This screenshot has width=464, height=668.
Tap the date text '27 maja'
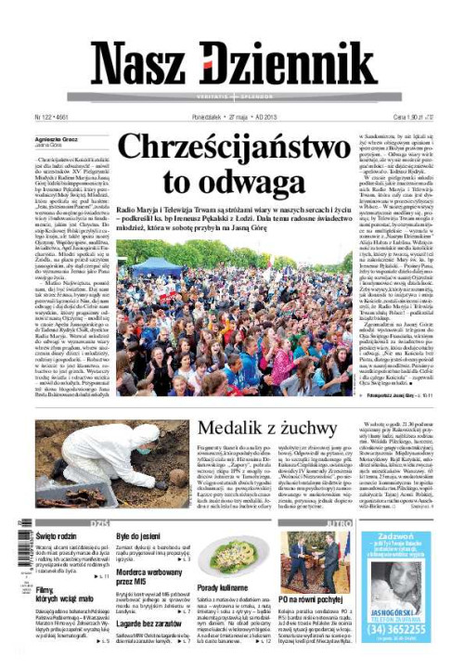pyautogui.click(x=239, y=118)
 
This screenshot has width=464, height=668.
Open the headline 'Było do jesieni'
pyautogui.click(x=136, y=537)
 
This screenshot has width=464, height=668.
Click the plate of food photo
pyautogui.click(x=226, y=561)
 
